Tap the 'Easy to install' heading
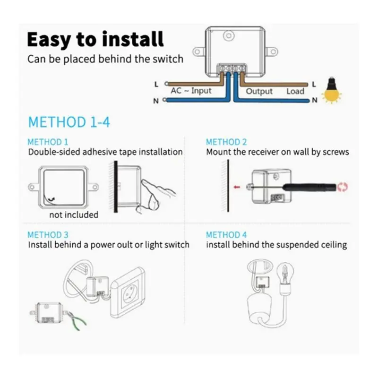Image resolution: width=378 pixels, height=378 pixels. tap(95, 40)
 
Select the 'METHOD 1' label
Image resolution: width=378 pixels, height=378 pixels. tap(48, 142)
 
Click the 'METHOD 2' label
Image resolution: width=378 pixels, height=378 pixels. tap(226, 142)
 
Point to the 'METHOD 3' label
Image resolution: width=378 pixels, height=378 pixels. tap(48, 235)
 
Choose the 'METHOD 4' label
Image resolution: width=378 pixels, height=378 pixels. tap(226, 235)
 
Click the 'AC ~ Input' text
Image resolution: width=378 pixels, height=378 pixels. tap(191, 91)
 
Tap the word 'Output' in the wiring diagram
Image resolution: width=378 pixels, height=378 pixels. tap(259, 91)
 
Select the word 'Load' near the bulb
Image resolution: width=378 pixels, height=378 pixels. tap(295, 91)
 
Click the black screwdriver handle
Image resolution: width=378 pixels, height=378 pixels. tap(309, 187)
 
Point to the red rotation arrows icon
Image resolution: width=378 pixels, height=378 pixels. tap(343, 187)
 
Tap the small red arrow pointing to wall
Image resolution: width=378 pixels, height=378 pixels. tap(237, 187)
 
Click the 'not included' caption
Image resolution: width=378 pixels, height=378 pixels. tap(74, 215)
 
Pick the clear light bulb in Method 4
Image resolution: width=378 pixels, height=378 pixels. tap(285, 277)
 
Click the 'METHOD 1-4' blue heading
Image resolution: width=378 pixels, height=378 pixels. tap(69, 122)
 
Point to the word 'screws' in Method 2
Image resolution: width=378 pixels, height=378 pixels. tap(336, 152)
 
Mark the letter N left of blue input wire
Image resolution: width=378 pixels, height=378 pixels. tap(156, 101)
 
